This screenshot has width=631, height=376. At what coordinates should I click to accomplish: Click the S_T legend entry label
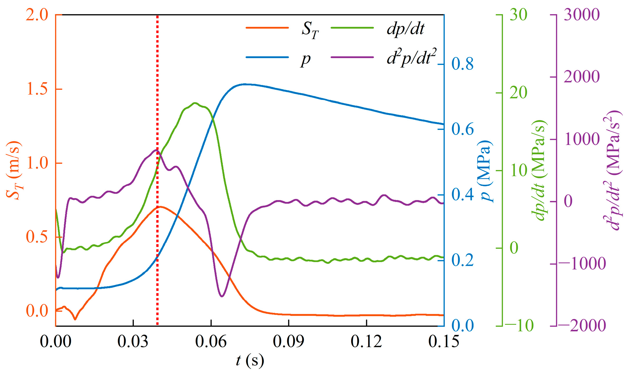[310, 30]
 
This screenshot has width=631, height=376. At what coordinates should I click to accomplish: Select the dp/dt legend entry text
[405, 29]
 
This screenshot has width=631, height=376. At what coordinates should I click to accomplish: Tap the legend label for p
[306, 59]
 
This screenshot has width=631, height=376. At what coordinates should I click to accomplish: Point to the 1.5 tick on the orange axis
[37, 89]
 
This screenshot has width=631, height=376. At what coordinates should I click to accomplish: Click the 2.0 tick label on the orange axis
[37, 15]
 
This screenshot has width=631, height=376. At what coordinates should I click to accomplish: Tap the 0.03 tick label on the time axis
[133, 341]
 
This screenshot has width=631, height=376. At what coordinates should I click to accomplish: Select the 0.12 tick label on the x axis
[366, 341]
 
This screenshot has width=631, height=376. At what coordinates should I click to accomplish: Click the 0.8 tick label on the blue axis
[462, 64]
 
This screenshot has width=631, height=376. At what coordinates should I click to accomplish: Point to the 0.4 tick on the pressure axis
[462, 195]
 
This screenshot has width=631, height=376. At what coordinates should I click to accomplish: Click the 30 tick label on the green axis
[518, 15]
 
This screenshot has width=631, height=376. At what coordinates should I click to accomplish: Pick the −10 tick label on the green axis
[519, 326]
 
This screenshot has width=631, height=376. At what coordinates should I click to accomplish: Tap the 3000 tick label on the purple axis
[582, 15]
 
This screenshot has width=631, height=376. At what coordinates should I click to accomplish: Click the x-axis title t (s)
[250, 361]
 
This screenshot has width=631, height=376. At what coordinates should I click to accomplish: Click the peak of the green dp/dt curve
[195, 103]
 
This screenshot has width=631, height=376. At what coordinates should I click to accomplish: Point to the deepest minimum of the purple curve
[222, 296]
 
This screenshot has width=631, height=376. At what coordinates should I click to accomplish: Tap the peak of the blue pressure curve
[244, 84]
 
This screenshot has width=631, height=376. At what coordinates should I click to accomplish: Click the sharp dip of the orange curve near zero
[75, 319]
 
